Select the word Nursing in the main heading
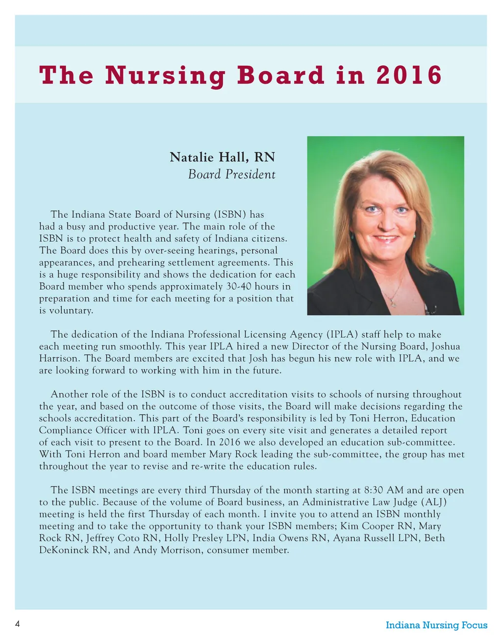point(165,76)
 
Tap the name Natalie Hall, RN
point(222,157)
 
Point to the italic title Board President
point(231,174)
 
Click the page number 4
point(18,624)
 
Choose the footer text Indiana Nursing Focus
point(436,625)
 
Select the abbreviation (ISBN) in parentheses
point(230,215)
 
